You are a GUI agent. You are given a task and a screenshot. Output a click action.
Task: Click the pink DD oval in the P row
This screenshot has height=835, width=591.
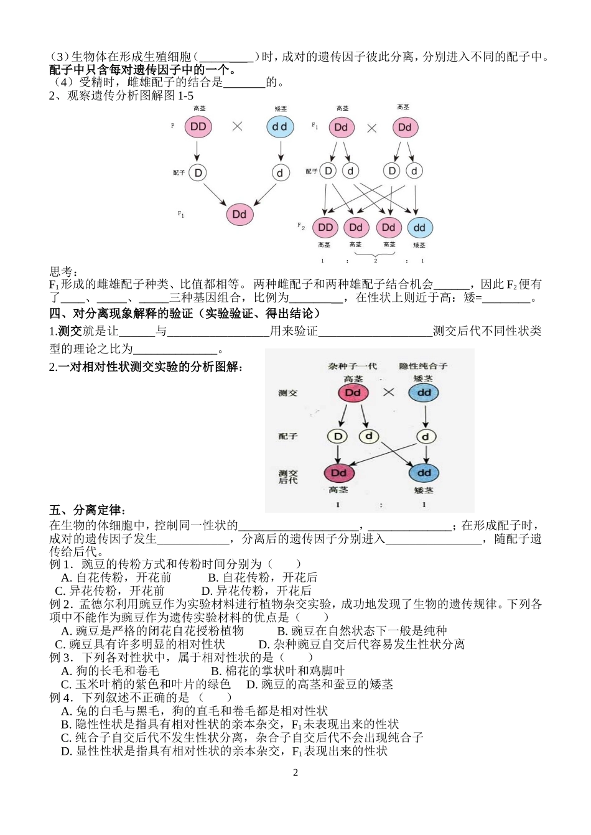[x=198, y=127]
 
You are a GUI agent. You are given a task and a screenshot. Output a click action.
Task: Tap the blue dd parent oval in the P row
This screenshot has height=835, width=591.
[x=280, y=127]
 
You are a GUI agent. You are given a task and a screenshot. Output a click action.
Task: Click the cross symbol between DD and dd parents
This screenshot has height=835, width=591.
[x=237, y=126]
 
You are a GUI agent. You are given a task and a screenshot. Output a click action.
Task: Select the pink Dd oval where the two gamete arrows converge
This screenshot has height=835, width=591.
[x=240, y=215]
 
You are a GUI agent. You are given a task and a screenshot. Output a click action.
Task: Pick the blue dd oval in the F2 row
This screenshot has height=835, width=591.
[x=420, y=228]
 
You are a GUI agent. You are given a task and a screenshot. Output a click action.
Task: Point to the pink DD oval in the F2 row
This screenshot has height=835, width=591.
[x=325, y=228]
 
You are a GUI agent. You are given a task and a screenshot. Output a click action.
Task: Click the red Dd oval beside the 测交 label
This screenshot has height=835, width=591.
[x=353, y=393]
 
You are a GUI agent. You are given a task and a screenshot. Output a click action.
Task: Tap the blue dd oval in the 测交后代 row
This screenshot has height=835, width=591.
[x=424, y=473]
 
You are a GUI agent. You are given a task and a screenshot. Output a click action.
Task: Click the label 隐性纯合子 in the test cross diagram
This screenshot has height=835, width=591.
[x=423, y=366]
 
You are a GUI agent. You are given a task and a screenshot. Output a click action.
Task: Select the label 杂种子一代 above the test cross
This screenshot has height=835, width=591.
[x=353, y=366]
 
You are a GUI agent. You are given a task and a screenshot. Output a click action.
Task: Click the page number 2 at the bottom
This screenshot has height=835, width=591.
[x=295, y=773]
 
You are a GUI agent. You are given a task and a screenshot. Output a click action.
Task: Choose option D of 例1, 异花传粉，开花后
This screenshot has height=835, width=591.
[x=256, y=590]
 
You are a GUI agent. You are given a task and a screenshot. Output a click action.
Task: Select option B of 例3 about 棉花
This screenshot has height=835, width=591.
[x=277, y=671]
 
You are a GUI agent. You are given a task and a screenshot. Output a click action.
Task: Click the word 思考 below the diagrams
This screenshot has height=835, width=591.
[x=63, y=272]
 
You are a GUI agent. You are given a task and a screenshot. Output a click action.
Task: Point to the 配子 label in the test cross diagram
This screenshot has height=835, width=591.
[x=288, y=437]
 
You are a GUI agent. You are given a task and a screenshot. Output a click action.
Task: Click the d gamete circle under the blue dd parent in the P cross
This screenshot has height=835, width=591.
[x=280, y=173]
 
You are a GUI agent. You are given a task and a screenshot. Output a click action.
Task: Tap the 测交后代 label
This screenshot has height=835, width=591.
[x=288, y=477]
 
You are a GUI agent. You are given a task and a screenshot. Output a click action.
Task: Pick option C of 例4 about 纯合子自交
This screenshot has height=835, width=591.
[x=242, y=737]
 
